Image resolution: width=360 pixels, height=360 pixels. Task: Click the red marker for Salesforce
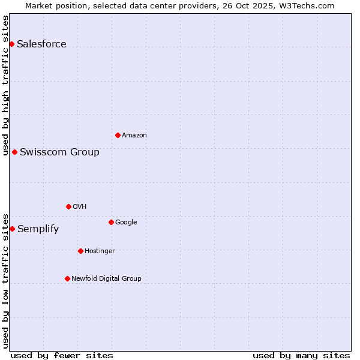pos(11,44)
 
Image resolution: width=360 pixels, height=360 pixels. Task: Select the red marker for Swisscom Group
pos(14,152)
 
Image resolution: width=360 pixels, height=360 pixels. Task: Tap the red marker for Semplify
pos(12,229)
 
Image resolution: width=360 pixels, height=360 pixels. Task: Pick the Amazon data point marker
pos(118,135)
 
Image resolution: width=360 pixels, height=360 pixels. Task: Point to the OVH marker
pos(68,206)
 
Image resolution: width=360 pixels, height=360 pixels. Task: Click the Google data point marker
pos(111,222)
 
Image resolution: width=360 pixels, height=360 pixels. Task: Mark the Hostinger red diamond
pos(80,251)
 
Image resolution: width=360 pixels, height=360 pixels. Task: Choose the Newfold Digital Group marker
pos(67,278)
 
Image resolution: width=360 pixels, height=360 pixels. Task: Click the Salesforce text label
pos(41,44)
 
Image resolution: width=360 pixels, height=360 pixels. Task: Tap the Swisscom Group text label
pos(59,152)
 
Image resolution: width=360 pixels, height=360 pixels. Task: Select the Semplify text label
pos(38,229)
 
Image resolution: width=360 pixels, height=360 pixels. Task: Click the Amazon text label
pos(134,135)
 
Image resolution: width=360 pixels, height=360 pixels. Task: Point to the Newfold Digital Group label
pos(106,278)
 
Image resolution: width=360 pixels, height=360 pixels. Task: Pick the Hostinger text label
pos(100,251)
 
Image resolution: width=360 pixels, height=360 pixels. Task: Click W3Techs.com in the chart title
pos(310,5)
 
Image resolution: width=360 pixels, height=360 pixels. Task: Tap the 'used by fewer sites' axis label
pos(62,355)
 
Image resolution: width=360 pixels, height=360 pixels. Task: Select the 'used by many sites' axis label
pos(301,355)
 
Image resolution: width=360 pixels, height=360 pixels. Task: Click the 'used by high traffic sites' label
pos(5,85)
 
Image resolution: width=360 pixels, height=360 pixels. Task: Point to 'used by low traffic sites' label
pos(5,281)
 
